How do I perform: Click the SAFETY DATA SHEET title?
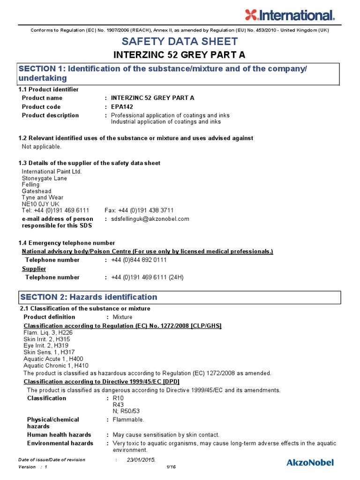pos(180,42)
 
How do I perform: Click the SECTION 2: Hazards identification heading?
pos(88,297)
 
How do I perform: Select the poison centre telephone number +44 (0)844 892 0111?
pos(139,260)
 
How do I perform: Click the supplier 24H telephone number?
pos(147,277)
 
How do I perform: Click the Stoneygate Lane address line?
pos(45,178)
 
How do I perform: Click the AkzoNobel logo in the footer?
pos(310,463)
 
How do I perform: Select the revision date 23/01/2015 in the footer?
pos(141,460)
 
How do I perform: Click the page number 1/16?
pos(171,467)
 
